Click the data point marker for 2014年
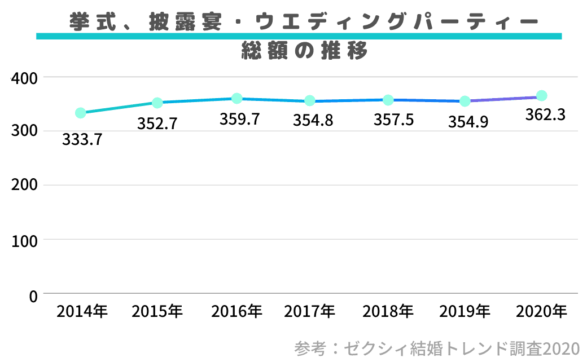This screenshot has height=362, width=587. coord(80,113)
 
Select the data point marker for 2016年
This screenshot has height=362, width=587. coord(237,99)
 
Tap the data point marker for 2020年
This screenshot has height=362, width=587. coord(541,95)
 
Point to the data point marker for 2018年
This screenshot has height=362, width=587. coord(388,100)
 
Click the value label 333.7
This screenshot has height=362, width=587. coord(82,140)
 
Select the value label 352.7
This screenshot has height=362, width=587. coord(157,123)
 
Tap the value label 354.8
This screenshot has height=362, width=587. coord(313,121)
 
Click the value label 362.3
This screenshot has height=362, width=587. coord(545,115)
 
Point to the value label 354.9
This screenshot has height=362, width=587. coord(468,122)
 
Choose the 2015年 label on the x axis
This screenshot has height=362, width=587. coord(157,311)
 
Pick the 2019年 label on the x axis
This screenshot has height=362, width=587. coord(465,311)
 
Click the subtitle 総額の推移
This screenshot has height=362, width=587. coord(304,51)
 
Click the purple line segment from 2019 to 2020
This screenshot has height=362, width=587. coord(503,99)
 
